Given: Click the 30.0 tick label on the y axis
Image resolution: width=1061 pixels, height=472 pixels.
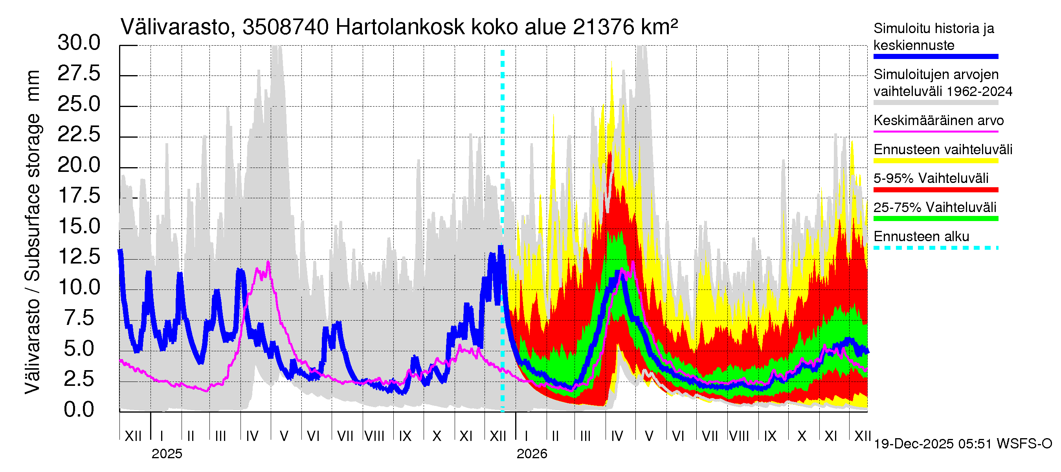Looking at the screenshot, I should point(79,43).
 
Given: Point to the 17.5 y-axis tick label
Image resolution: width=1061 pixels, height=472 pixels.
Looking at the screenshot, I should point(79,195).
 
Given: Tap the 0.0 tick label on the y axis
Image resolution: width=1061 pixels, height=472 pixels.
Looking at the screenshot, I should point(79,410).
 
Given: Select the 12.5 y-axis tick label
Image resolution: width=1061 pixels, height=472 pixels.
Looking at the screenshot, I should point(79,256).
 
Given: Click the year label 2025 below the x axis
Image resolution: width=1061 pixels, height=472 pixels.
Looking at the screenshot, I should point(166,454).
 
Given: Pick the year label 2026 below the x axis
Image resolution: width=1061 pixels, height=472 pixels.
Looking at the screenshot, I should point(532,454).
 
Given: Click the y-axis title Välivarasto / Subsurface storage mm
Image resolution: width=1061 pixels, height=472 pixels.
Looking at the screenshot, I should point(33,232).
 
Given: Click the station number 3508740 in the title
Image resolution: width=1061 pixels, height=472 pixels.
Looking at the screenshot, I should point(285,28).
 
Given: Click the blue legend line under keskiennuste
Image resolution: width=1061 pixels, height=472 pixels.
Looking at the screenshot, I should point(935,57).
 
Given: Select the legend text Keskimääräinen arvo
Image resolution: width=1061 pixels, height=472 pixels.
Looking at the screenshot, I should point(938,120).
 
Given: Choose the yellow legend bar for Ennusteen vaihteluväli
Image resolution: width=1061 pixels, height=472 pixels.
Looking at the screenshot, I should point(935,161).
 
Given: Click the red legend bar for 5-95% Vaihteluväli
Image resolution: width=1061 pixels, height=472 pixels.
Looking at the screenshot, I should point(935,190).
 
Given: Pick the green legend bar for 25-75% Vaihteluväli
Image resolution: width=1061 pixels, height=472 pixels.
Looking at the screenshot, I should point(935,218).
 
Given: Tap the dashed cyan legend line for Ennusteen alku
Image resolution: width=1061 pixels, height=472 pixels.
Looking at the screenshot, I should point(935,248).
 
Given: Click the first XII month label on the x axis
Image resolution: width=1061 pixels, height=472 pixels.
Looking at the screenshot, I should point(133,436).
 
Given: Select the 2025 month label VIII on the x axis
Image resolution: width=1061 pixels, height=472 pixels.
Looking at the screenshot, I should point(374,436).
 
